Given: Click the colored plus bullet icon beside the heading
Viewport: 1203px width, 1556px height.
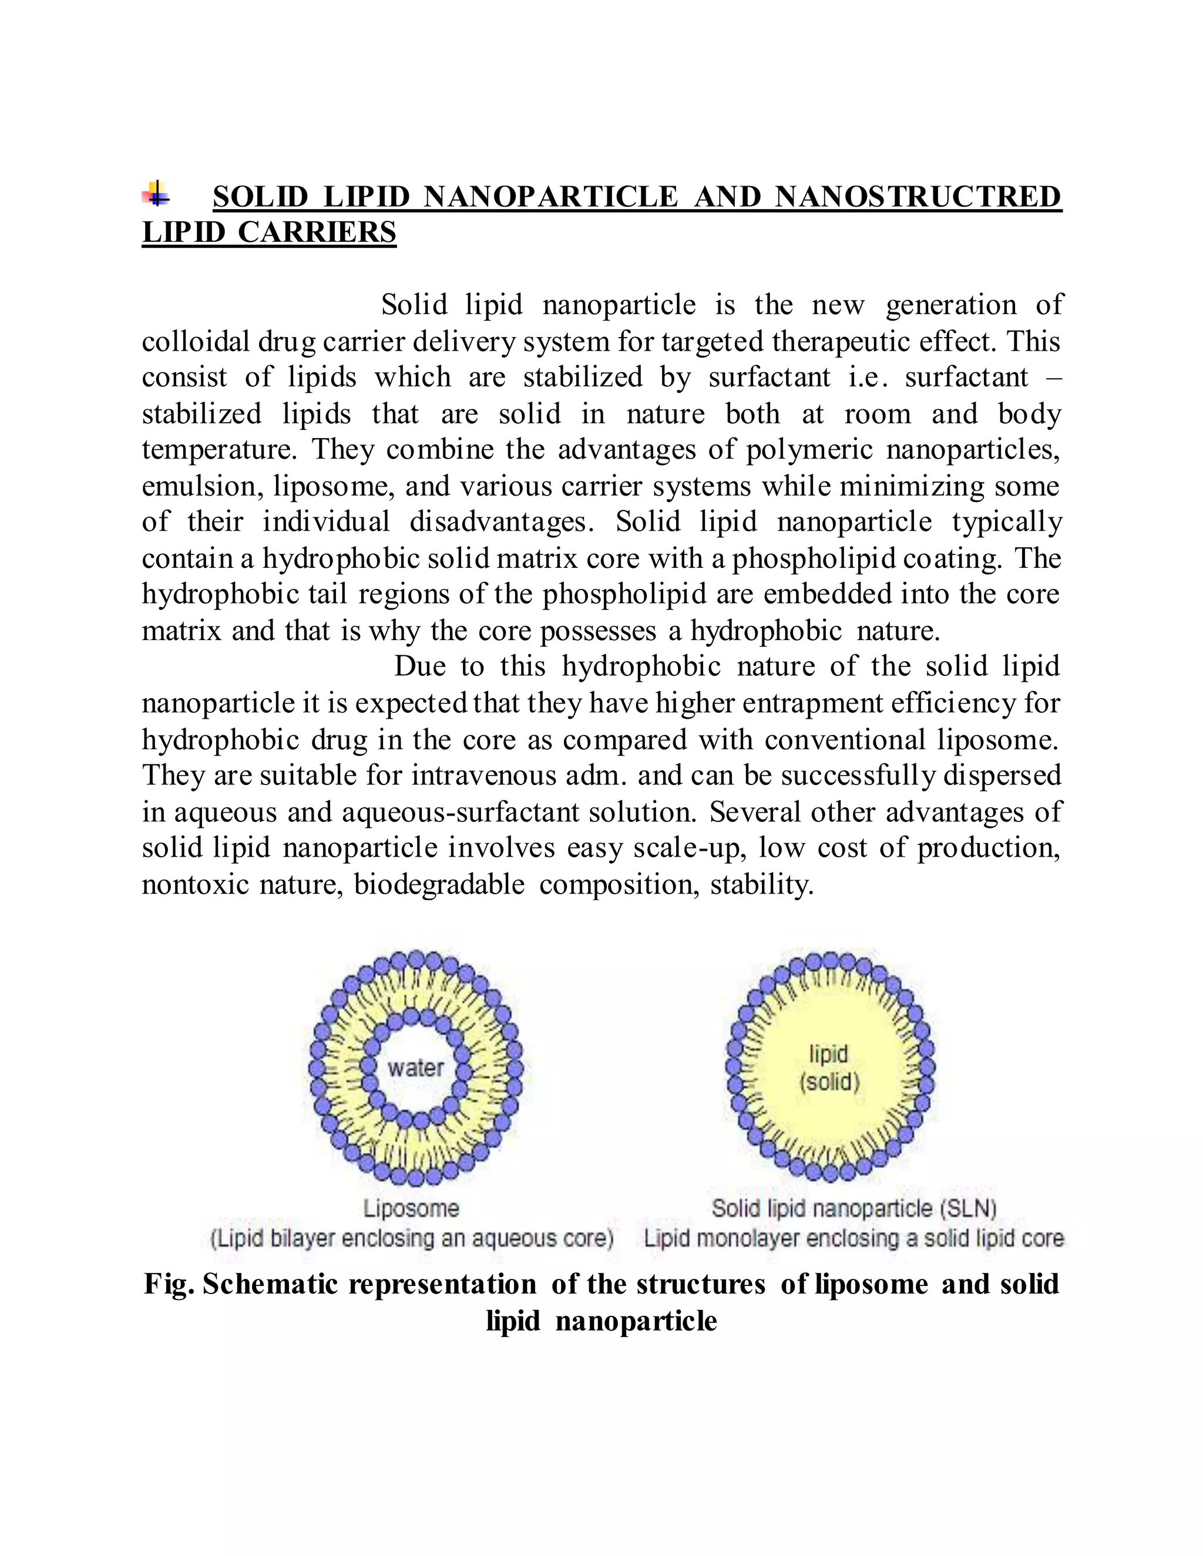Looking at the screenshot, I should click(x=155, y=194).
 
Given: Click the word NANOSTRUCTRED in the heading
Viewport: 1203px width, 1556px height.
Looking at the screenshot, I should click(x=918, y=197).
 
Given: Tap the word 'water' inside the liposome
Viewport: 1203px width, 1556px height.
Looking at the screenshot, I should click(x=415, y=1067).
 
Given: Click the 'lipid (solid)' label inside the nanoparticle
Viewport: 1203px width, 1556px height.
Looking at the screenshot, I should click(x=829, y=1067).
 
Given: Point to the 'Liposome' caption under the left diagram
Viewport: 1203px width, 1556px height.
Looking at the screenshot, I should click(x=411, y=1208).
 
